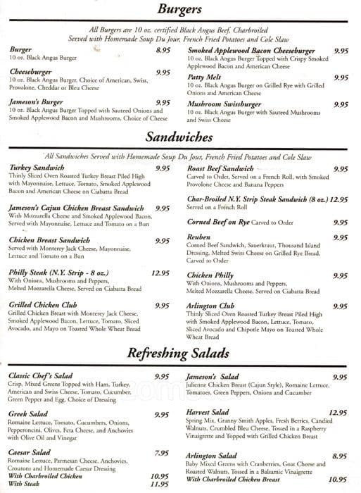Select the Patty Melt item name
point(205,77)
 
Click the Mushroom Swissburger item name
point(223,104)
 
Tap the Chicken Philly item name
point(210,276)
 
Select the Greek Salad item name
point(28,414)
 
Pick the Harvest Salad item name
point(208,411)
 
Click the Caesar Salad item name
point(30,452)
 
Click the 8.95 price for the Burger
point(163,51)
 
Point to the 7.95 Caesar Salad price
point(161,453)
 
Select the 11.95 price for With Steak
point(161,485)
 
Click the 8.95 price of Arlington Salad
point(340,456)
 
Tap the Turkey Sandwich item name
point(37,168)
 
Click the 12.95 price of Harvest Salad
point(338,412)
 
